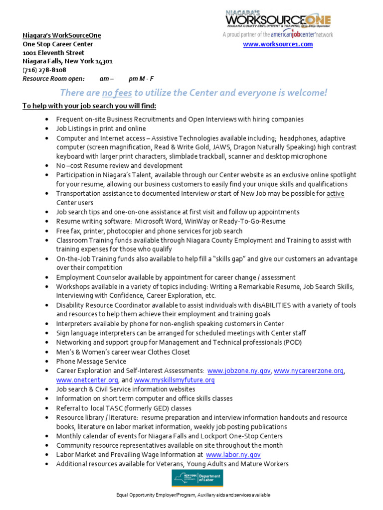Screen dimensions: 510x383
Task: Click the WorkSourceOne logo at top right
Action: click(x=278, y=19)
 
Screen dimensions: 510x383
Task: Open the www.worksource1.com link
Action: click(x=278, y=44)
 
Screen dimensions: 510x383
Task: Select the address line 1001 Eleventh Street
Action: click(x=53, y=53)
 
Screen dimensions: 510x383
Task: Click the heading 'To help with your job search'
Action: click(x=89, y=106)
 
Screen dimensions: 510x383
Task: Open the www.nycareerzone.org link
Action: click(x=309, y=371)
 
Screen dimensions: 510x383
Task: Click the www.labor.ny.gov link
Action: click(x=233, y=455)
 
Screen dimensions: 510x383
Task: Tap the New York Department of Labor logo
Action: click(x=197, y=478)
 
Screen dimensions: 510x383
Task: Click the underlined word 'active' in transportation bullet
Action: click(x=335, y=193)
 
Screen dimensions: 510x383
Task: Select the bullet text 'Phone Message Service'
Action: click(x=91, y=362)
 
